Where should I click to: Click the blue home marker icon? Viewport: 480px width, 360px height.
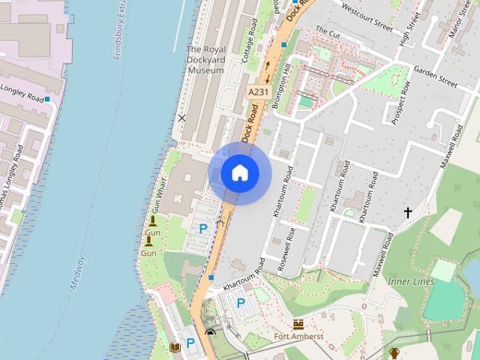pyautogui.click(x=240, y=173)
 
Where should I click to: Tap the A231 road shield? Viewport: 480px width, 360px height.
pyautogui.click(x=257, y=91)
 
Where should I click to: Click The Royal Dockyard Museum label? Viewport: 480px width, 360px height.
pyautogui.click(x=205, y=60)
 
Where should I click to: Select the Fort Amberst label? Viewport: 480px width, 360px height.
pyautogui.click(x=298, y=337)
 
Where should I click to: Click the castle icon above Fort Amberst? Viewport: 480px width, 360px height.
pyautogui.click(x=298, y=324)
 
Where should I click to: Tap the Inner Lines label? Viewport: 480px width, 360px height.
pyautogui.click(x=411, y=281)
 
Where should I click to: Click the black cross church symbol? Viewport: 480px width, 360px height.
pyautogui.click(x=408, y=213)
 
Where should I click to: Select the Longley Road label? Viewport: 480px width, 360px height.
pyautogui.click(x=22, y=95)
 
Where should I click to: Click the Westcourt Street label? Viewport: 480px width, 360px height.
pyautogui.click(x=367, y=17)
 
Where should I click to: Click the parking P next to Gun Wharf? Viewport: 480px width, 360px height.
pyautogui.click(x=202, y=228)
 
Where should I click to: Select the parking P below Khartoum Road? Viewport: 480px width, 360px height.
pyautogui.click(x=241, y=303)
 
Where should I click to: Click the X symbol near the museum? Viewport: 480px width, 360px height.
pyautogui.click(x=181, y=118)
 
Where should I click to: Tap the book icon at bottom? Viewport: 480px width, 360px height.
pyautogui.click(x=175, y=347)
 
